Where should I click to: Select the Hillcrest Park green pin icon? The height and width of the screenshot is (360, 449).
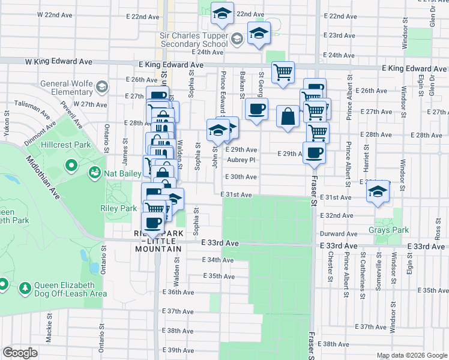[x=71, y=164]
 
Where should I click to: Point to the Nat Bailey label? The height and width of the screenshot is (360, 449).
[x=123, y=173]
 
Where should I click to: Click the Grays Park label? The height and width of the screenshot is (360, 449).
[x=388, y=230]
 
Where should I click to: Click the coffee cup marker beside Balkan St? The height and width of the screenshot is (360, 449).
[x=257, y=110]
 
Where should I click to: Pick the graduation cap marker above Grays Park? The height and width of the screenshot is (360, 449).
[x=378, y=193]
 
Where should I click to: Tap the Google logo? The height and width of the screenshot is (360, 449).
[x=20, y=353]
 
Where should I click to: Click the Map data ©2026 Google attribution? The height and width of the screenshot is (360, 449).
[x=411, y=355]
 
